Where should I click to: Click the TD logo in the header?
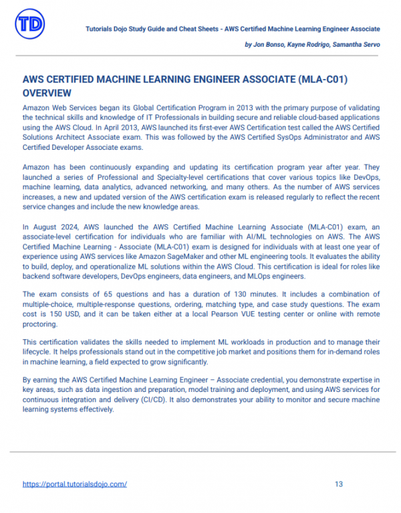coord(30,25)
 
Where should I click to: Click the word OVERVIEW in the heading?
coord(46,93)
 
